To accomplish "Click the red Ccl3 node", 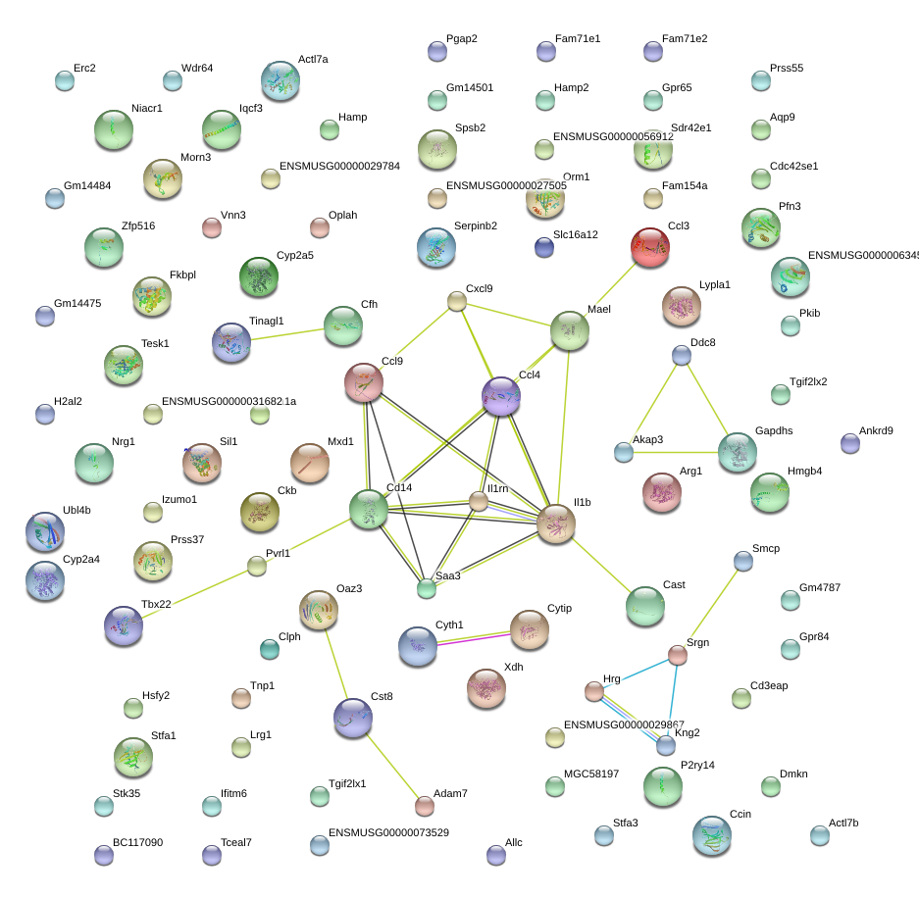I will click(649, 247).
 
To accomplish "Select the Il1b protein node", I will click(556, 524).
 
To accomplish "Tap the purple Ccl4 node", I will click(501, 395).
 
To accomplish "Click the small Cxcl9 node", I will click(457, 301).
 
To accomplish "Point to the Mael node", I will click(570, 331).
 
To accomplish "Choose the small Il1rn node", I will click(478, 502).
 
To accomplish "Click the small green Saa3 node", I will click(426, 589).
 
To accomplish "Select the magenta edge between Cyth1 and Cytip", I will click(474, 637).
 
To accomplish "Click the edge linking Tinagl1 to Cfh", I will click(287, 334).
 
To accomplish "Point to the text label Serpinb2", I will click(476, 225).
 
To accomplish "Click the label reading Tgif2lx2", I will click(808, 381).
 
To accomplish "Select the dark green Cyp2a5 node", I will click(259, 277).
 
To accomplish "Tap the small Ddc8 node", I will click(682, 355).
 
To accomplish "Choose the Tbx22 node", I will click(124, 626).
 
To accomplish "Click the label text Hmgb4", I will click(805, 471).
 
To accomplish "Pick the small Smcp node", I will click(743, 561).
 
